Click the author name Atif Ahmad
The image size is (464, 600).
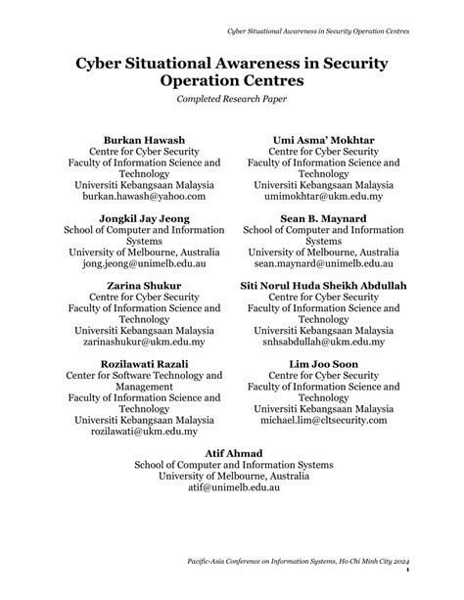click(233, 451)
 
